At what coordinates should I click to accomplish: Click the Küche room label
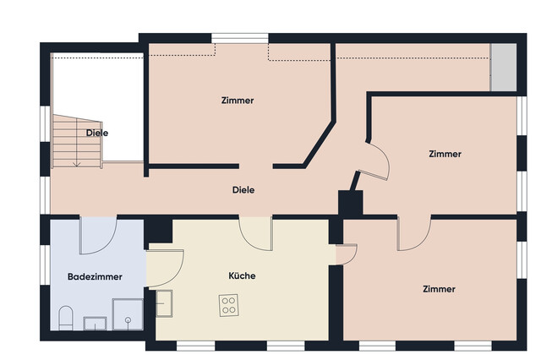[242, 275]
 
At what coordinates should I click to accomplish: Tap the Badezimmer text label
[95, 277]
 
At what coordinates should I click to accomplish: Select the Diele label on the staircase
[97, 134]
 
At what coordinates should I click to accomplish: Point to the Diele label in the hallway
[243, 190]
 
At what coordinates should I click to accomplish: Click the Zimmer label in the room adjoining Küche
[439, 289]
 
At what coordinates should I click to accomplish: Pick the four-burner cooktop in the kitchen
[229, 305]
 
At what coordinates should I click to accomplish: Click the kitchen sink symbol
[164, 303]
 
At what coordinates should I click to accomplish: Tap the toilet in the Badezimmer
[66, 318]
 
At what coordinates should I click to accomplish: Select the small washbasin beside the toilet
[95, 324]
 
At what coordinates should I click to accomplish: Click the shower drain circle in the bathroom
[128, 320]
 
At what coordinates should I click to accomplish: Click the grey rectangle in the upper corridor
[504, 68]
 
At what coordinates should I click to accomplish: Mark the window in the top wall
[240, 38]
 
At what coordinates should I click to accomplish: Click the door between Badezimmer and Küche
[165, 268]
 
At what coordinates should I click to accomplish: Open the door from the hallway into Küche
[255, 233]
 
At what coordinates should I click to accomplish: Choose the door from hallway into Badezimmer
[98, 235]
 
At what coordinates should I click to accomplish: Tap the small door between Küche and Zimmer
[346, 254]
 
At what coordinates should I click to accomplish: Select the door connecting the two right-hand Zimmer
[414, 233]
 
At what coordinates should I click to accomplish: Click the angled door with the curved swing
[376, 161]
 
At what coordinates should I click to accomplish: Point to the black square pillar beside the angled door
[350, 203]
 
